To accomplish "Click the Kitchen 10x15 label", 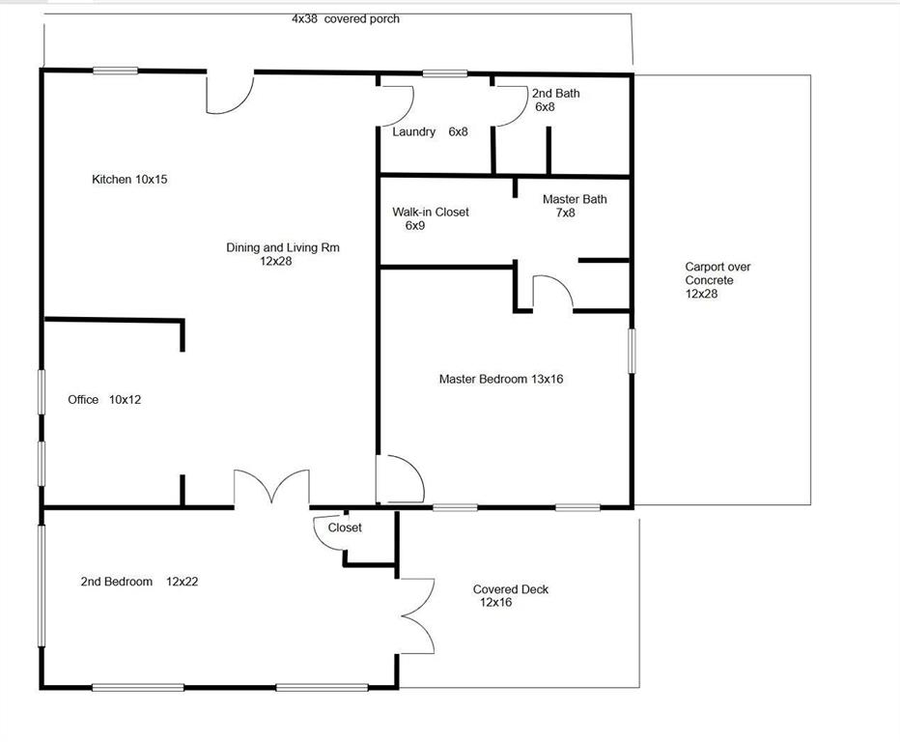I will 129,180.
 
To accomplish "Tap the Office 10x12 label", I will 104,399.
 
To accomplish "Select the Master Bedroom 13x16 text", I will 500,380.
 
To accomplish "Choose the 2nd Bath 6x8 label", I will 555,100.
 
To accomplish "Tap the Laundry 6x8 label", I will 430,132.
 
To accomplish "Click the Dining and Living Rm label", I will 282,254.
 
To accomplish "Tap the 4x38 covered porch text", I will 345,18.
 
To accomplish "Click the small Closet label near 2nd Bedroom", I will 345,528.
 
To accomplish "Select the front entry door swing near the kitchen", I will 230,90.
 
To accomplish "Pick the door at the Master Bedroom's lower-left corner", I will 400,479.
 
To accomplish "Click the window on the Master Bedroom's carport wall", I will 633,351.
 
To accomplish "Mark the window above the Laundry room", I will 444,72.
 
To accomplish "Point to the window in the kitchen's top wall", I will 115,70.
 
